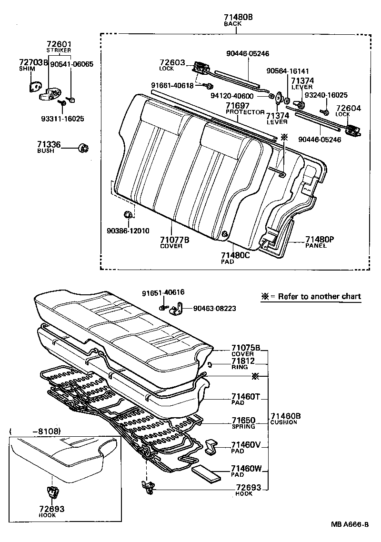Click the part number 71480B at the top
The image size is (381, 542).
click(x=238, y=17)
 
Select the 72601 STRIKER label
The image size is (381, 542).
click(x=59, y=46)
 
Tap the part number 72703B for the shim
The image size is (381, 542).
click(x=33, y=62)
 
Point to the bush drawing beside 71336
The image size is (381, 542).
click(x=83, y=148)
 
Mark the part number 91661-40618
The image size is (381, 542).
click(x=172, y=85)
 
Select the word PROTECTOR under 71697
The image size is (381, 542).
click(x=245, y=112)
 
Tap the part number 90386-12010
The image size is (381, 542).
click(x=128, y=231)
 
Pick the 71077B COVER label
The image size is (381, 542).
click(x=174, y=242)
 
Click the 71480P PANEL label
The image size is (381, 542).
click(x=317, y=242)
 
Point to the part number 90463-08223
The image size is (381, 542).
click(x=214, y=309)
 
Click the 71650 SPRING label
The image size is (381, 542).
click(x=243, y=423)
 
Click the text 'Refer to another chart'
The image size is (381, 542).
click(x=320, y=296)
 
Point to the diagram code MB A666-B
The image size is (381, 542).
click(x=350, y=524)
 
